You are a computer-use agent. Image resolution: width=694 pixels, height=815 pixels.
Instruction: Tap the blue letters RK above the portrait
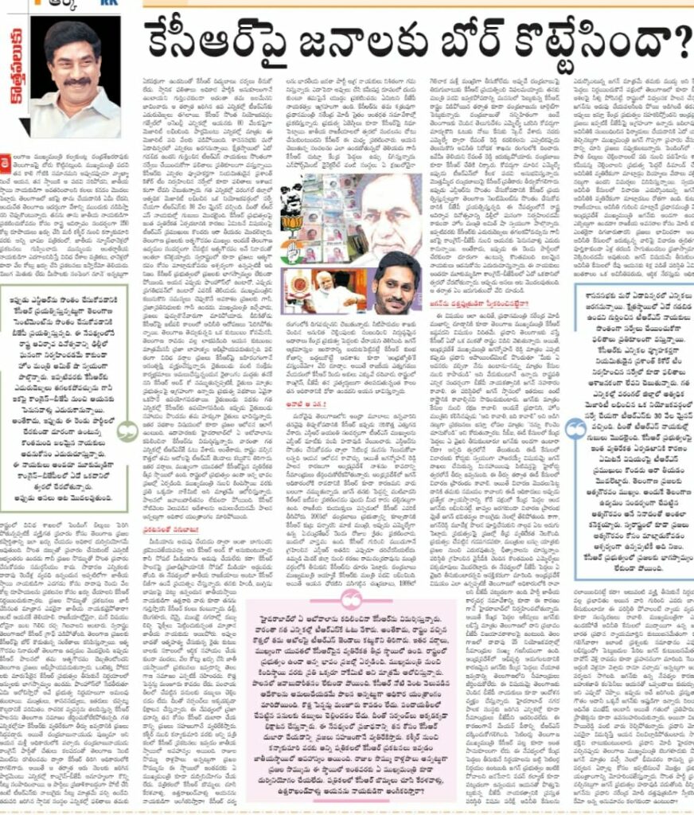pos(103,5)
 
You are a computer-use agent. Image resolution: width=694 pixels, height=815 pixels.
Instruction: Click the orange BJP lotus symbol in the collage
pos(292,222)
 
